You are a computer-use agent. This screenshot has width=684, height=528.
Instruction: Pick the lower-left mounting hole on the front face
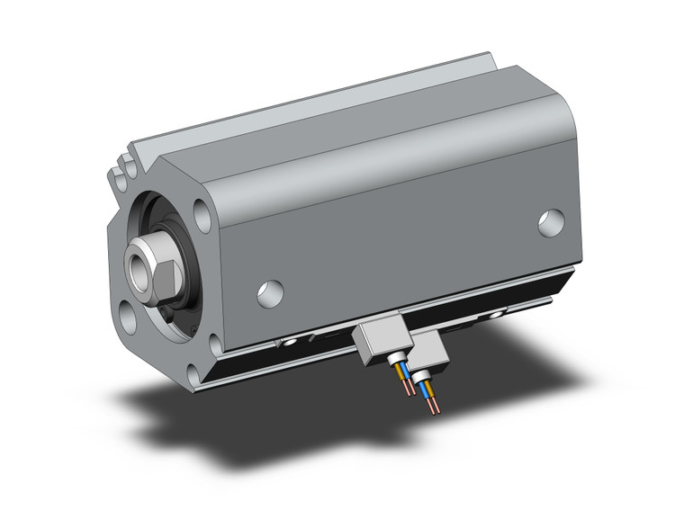[x=129, y=319]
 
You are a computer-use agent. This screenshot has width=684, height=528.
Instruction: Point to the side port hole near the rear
[x=551, y=222]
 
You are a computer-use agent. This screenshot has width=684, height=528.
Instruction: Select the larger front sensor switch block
[x=379, y=342]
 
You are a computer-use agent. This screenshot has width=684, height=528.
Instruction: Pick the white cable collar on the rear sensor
[x=423, y=379]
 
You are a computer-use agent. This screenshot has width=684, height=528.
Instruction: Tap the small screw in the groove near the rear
[x=494, y=316]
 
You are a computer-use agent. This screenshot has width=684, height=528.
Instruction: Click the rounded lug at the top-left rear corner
[x=120, y=177]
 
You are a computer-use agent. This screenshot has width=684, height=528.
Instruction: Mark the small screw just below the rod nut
[x=168, y=311]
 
